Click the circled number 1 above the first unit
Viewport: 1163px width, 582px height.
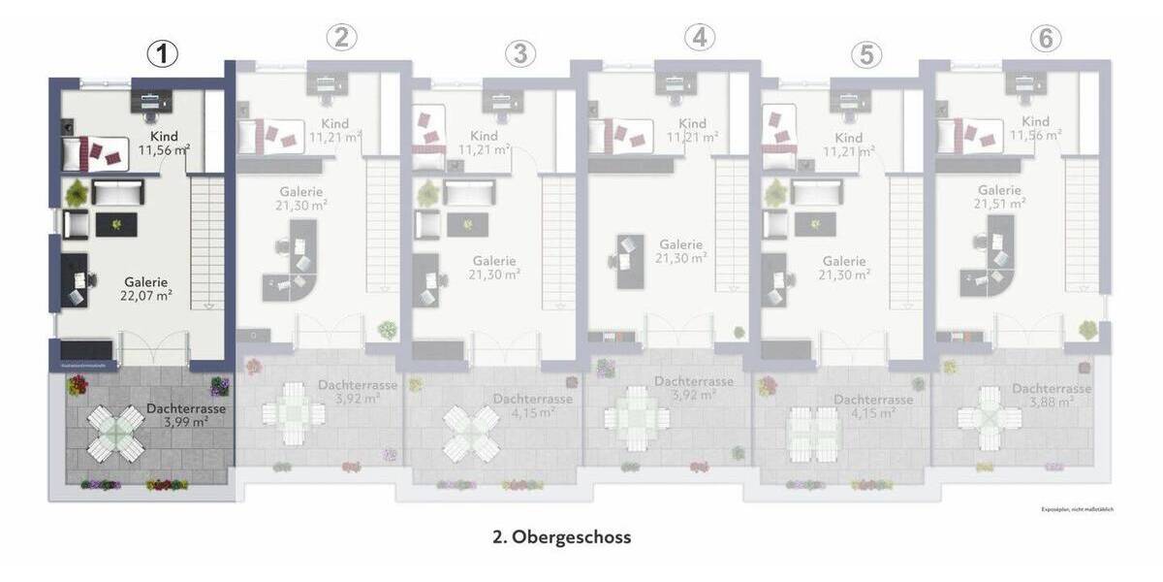tap(163, 54)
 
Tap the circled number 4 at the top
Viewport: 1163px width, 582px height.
tap(699, 38)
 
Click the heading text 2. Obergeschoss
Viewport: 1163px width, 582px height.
tap(562, 536)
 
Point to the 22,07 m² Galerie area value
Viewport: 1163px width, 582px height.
tap(146, 296)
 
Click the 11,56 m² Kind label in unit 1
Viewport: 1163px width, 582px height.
tap(164, 150)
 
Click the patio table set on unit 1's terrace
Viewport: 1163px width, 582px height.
tap(116, 434)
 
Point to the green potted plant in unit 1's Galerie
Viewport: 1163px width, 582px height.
tap(76, 194)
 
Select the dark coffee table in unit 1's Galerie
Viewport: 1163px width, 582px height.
tap(116, 225)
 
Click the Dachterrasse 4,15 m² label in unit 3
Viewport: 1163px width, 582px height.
tap(532, 405)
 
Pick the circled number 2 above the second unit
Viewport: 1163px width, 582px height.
tap(341, 38)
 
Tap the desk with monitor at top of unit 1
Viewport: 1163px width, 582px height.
tap(152, 101)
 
